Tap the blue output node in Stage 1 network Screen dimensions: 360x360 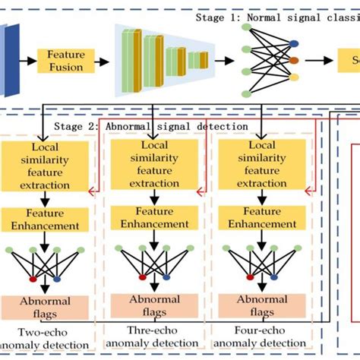[x=295, y=44]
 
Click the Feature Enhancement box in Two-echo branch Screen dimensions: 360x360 [x=47, y=220]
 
